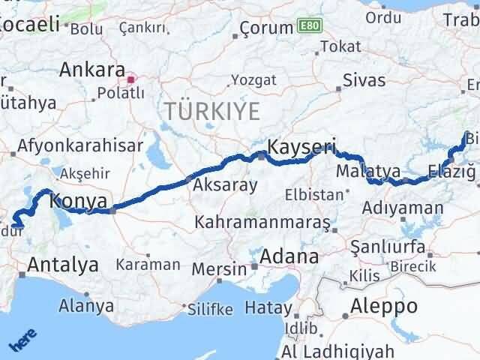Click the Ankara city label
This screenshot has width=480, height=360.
click(x=91, y=70)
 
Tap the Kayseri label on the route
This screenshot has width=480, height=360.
click(x=302, y=145)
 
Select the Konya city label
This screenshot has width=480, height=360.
click(x=80, y=200)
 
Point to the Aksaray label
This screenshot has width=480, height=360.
click(x=226, y=185)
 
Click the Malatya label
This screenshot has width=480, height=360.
click(x=368, y=172)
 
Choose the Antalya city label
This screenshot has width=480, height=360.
click(x=63, y=264)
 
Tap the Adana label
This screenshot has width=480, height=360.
click(x=289, y=256)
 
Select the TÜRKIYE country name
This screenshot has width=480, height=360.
click(x=212, y=112)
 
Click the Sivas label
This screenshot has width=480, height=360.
click(x=364, y=80)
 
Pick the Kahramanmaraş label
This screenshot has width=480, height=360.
click(x=262, y=223)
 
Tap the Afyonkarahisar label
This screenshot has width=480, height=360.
click(x=78, y=145)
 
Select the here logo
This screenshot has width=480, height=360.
click(x=20, y=340)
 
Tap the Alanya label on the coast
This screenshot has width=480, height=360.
click(x=87, y=306)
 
